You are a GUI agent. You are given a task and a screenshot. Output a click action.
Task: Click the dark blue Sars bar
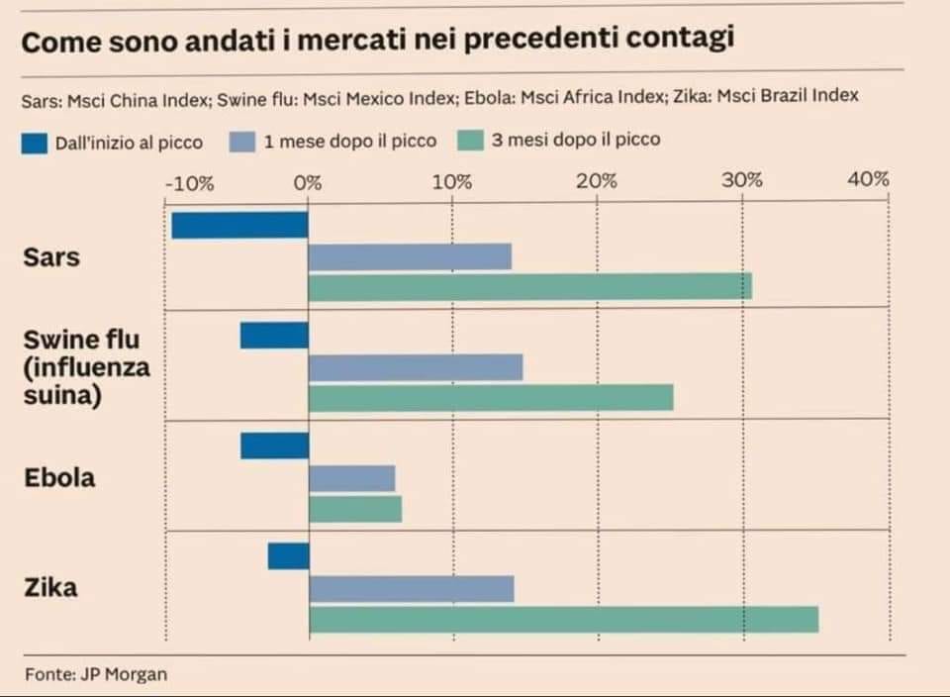point(239,225)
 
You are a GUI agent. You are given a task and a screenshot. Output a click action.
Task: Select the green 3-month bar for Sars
point(529,287)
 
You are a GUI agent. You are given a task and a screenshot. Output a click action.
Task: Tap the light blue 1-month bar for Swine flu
point(416,367)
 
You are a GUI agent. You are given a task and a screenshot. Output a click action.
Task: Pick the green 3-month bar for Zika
point(563,620)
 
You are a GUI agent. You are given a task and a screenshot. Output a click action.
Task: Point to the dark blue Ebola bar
point(274,447)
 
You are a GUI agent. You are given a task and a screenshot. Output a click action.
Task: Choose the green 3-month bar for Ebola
point(355,509)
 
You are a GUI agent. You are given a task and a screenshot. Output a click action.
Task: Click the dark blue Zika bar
point(288,556)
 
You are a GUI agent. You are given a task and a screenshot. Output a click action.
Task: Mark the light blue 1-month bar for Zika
point(411,589)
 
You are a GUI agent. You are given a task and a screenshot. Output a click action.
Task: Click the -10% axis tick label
point(188,182)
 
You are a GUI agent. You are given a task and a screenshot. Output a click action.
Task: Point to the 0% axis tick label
point(308,182)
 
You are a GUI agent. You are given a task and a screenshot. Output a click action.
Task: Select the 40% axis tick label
point(869,179)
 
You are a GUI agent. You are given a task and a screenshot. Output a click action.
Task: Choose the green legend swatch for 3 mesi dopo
point(471,141)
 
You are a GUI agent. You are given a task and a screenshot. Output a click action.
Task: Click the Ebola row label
point(59,478)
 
